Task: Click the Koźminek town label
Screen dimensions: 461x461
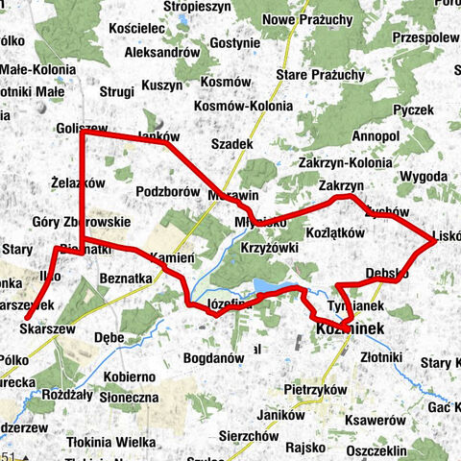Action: point(350,329)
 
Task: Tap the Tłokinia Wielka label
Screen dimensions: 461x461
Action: point(111,442)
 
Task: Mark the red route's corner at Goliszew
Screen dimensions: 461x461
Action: point(81,133)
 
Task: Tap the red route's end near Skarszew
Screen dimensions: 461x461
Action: point(26,318)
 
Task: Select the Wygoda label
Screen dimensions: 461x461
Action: point(424,177)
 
